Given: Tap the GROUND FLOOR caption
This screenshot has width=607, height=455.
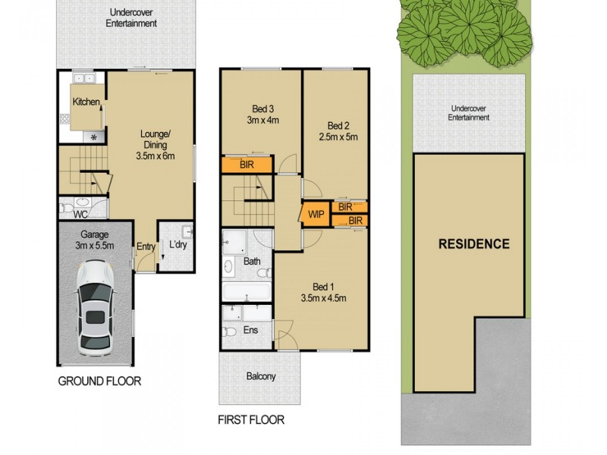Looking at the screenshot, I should (x=99, y=381).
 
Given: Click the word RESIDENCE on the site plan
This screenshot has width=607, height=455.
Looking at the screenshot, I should (x=473, y=244).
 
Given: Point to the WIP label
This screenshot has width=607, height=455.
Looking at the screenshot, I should (x=316, y=215).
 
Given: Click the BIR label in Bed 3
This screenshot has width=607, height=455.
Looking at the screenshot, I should (x=246, y=165).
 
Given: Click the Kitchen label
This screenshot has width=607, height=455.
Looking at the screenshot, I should (x=86, y=102).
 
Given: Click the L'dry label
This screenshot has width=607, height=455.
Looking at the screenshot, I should (x=178, y=246).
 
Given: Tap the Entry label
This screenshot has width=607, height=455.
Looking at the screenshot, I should (x=146, y=246).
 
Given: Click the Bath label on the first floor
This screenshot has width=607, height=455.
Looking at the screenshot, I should (x=252, y=262).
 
